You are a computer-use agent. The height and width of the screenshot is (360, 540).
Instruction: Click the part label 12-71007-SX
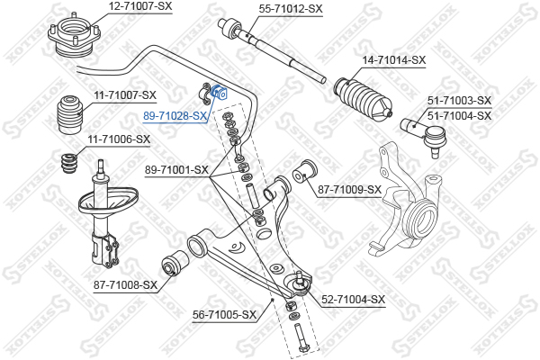click(140, 6)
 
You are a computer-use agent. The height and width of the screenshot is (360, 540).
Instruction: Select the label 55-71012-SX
click(291, 9)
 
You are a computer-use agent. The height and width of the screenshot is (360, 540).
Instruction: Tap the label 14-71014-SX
click(393, 60)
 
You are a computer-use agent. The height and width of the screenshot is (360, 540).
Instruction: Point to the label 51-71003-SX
click(459, 101)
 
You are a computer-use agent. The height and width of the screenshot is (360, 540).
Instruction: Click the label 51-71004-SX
click(459, 115)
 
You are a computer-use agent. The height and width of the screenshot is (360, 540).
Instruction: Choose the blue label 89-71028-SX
click(175, 116)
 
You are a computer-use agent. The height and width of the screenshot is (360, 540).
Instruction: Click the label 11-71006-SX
click(119, 139)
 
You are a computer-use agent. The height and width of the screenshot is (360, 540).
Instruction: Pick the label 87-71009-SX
click(349, 190)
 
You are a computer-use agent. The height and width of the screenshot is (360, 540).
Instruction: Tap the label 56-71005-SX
click(224, 314)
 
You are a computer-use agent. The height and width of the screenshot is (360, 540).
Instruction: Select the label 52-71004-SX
click(353, 300)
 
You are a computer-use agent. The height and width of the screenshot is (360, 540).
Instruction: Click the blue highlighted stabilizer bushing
click(219, 92)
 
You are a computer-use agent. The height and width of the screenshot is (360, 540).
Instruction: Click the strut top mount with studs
click(75, 36)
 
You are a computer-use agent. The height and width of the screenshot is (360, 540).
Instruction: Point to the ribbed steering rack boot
click(363, 98)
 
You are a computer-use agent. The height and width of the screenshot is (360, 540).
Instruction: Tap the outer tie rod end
click(425, 135)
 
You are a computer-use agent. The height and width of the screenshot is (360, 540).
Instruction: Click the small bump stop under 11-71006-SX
click(69, 165)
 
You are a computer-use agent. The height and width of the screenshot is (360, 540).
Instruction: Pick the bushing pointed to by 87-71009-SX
click(305, 172)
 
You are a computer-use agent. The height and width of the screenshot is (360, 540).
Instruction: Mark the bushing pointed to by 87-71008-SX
click(175, 263)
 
